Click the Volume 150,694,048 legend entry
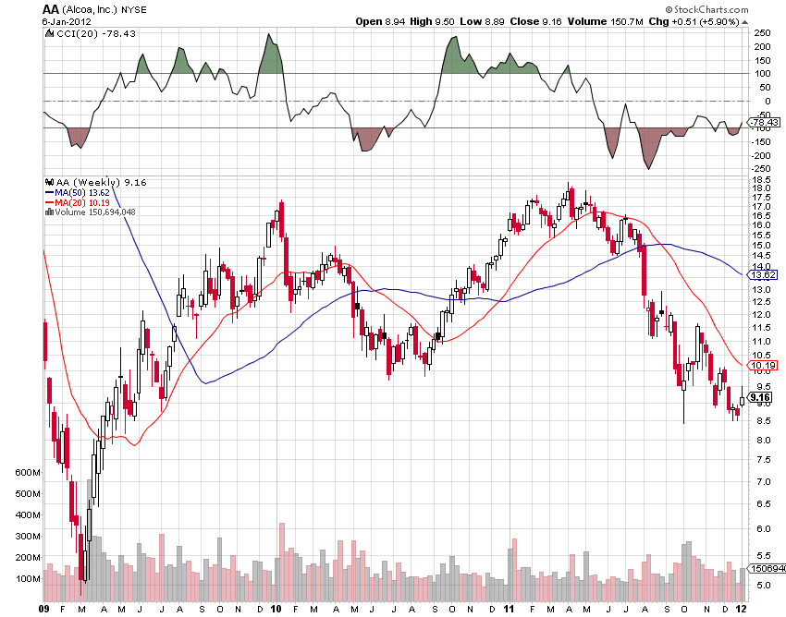coord(92,212)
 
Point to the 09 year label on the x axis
coord(44,609)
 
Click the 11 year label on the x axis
coord(510,609)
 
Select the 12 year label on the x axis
coord(743,609)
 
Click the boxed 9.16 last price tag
coord(762,398)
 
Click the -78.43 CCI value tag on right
coord(764,122)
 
